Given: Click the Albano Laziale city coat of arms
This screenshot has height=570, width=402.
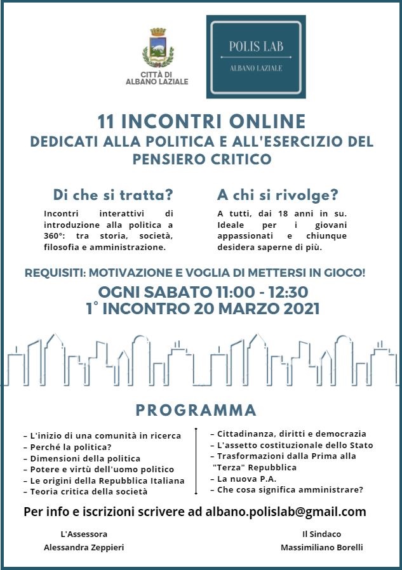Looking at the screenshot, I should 157,48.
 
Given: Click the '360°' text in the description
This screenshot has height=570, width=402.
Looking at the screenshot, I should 57,235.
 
